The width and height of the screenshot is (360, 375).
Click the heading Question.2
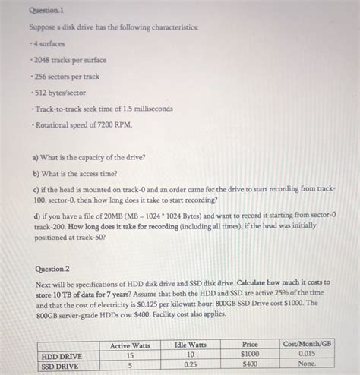[52, 269]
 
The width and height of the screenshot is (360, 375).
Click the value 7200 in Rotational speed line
[112, 125]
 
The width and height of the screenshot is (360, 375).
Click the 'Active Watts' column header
[130, 345]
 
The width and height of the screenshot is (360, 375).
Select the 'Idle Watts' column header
[191, 345]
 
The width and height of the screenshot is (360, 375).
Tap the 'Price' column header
[250, 345]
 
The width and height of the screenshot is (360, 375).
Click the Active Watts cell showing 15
[130, 355]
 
